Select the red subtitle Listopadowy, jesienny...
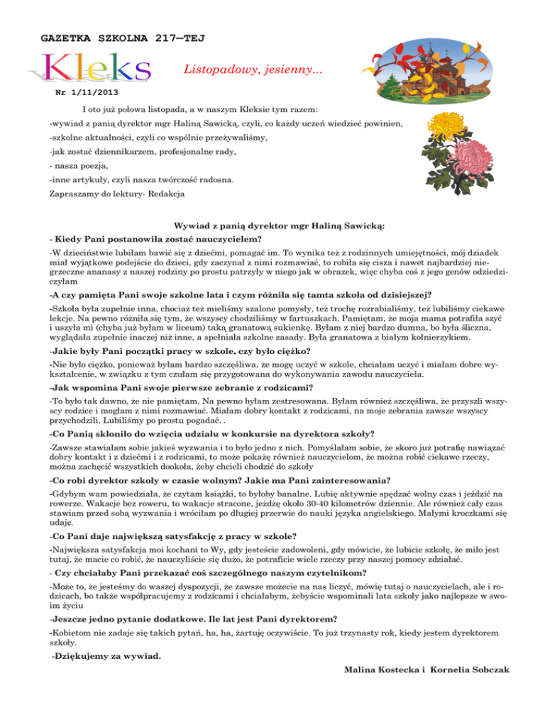coord(252,70)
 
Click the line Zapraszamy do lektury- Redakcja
coord(118,193)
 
